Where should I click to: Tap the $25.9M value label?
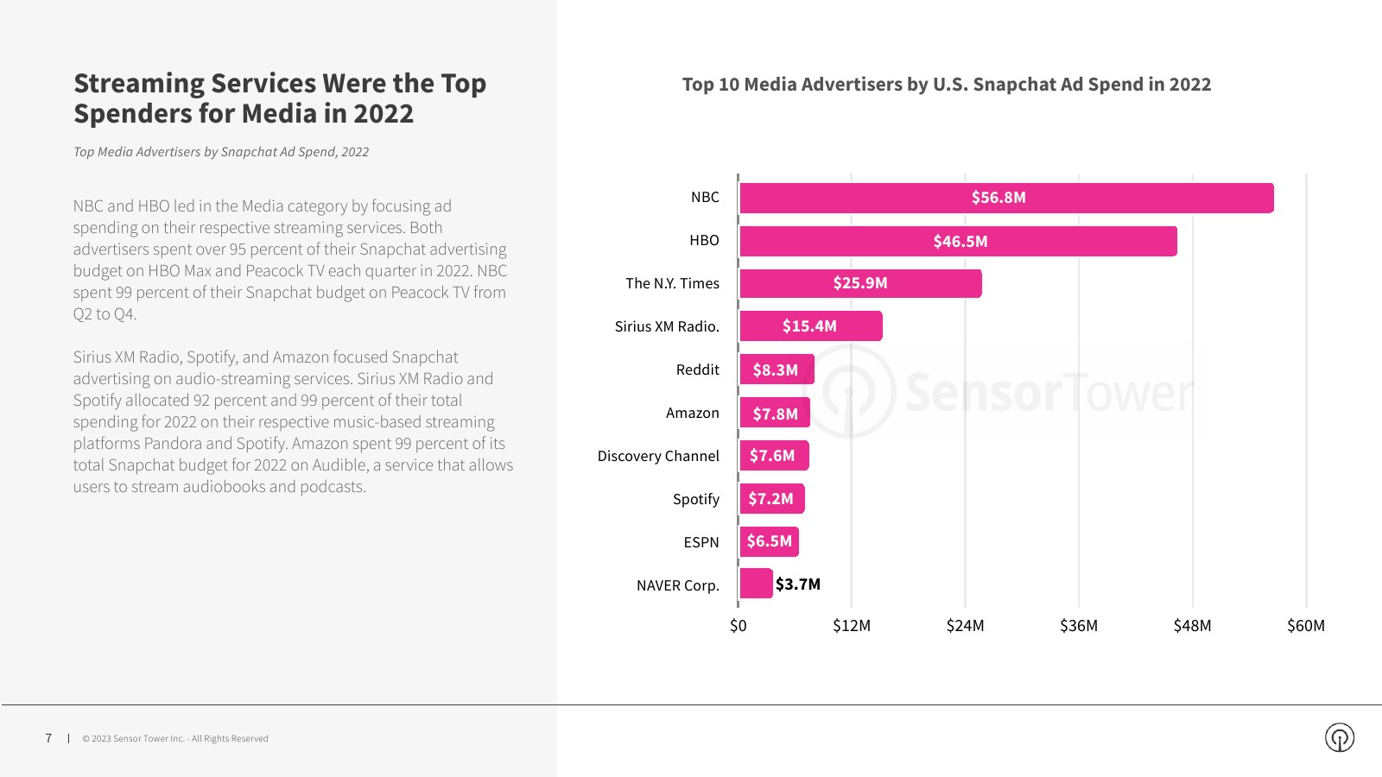coord(860,283)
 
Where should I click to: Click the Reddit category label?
coord(697,370)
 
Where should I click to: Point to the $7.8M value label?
coord(775,414)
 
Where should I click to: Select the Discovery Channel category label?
coord(658,456)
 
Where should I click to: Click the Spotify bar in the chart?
coord(772,499)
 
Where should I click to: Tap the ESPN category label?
coord(701,542)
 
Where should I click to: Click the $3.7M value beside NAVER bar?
coord(798,584)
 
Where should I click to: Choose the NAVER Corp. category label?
coord(677,585)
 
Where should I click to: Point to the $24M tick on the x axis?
coord(965,626)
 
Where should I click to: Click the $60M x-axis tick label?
coord(1305,626)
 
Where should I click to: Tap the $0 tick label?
coord(738,626)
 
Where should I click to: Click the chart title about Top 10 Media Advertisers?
coord(946,85)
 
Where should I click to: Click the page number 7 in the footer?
coord(48,738)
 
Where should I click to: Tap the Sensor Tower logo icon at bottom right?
coord(1339,737)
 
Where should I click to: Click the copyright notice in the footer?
coord(175,739)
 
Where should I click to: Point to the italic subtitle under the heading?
coord(221,152)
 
